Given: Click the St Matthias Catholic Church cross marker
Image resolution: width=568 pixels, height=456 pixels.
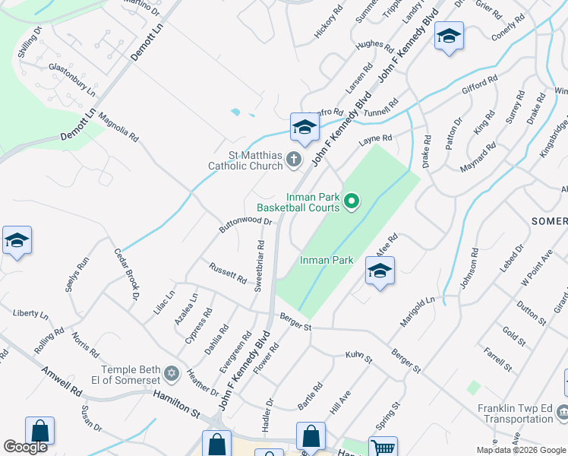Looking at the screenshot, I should (x=294, y=159).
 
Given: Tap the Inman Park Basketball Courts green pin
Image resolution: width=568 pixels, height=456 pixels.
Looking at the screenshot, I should (x=351, y=201).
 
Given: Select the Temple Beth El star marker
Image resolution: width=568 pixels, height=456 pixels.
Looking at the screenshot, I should (x=171, y=374).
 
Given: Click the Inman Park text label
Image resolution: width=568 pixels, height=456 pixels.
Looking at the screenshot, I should (x=327, y=260).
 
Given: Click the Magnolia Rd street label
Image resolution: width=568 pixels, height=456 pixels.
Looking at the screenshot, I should (x=119, y=128).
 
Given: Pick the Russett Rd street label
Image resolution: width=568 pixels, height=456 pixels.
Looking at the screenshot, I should (x=228, y=273).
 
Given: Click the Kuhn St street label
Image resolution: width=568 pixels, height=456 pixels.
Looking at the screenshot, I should (x=358, y=356).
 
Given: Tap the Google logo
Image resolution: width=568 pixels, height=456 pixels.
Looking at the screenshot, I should (x=26, y=447).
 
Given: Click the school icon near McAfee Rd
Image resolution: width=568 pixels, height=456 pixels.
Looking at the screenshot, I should (x=379, y=271).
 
